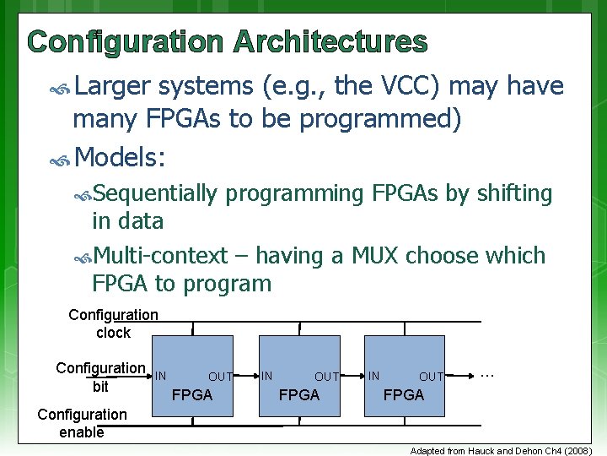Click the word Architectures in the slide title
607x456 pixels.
coord(330,41)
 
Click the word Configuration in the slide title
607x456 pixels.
coord(126,41)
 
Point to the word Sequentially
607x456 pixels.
coord(155,193)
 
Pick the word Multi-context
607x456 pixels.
coord(160,255)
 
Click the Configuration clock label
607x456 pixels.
coord(113,323)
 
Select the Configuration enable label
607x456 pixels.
coord(82,423)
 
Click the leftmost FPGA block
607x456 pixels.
coord(193,376)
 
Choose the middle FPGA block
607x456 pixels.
coord(298,376)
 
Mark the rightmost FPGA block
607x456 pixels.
coord(404,376)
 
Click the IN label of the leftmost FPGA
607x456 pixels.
coord(160,375)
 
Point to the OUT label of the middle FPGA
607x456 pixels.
coord(326,377)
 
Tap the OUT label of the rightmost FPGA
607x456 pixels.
coord(431,377)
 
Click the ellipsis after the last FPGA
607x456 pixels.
coord(486,372)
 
